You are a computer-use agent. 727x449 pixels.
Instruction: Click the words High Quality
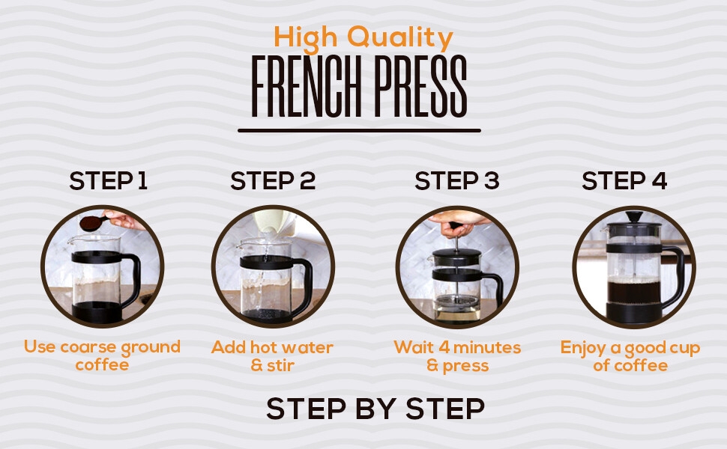tap(363, 37)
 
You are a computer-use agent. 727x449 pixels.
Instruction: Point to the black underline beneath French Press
tap(359, 131)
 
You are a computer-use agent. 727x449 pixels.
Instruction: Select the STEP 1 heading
tap(109, 180)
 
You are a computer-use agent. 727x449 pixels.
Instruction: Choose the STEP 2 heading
tap(273, 180)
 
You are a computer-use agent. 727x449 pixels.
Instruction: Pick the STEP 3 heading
tap(456, 180)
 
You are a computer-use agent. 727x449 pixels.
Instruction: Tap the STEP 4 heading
tap(624, 180)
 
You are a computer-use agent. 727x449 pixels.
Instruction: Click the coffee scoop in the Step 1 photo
tap(90, 223)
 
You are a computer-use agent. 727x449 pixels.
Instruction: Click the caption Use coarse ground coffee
tap(102, 355)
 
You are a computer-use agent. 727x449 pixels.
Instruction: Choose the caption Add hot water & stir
tap(272, 355)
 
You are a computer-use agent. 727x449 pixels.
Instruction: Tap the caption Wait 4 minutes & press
tap(457, 355)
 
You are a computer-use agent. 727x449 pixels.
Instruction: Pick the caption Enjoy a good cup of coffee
tap(630, 355)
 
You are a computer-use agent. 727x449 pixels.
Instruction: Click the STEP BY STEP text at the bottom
tap(375, 409)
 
